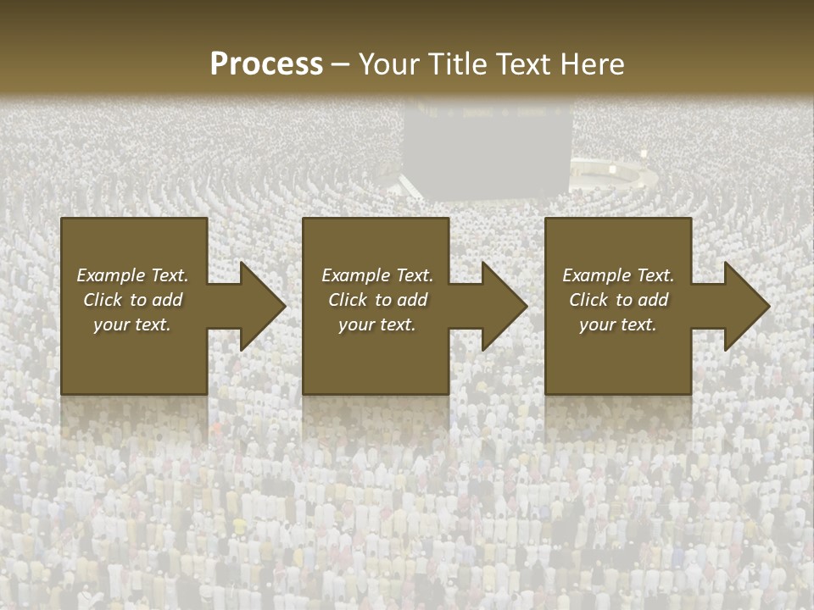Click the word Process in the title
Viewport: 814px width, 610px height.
pos(265,64)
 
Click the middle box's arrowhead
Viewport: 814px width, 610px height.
pos(503,306)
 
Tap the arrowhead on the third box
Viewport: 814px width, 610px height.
pos(745,306)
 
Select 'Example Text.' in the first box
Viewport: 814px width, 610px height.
pos(132,275)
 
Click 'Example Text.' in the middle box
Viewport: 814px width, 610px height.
pos(377,275)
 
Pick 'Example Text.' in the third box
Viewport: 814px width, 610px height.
pos(618,275)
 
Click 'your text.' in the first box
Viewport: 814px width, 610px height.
pos(132,324)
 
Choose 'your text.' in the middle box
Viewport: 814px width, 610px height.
pos(377,324)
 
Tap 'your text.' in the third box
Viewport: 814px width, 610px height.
pos(618,324)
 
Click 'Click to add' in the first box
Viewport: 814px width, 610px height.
pos(132,300)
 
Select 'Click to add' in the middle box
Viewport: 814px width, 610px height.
pos(377,300)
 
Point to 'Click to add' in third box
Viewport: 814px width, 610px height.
pos(618,300)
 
